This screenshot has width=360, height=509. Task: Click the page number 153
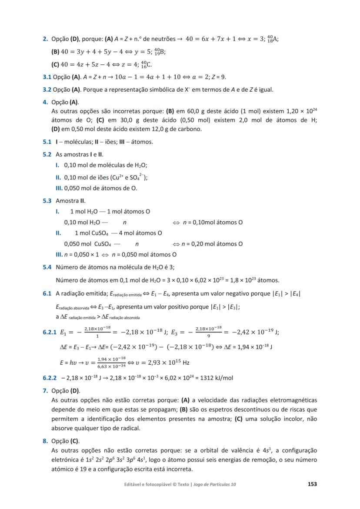tap(312, 484)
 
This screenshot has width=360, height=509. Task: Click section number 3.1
tap(47, 77)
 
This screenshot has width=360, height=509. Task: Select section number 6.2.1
tap(50, 332)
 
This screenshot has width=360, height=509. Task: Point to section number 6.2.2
tap(50, 378)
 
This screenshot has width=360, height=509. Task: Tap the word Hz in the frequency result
tap(185, 362)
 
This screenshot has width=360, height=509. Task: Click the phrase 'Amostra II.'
tap(70, 201)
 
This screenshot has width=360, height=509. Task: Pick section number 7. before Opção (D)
tap(45, 391)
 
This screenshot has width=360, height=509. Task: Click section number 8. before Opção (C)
tap(45, 441)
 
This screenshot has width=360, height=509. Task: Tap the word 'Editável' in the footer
tap(133, 484)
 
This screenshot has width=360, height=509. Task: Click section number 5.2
tap(47, 154)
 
